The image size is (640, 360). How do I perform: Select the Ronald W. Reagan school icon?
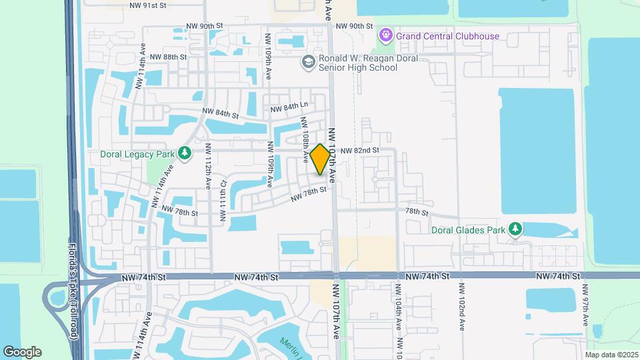pyautogui.click(x=308, y=62)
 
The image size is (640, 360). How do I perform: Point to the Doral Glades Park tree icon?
pyautogui.click(x=515, y=230)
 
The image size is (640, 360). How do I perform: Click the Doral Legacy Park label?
pyautogui.click(x=137, y=153)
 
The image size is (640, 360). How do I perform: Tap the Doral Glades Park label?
pyautogui.click(x=469, y=230)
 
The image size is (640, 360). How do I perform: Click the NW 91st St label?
pyautogui.click(x=148, y=5)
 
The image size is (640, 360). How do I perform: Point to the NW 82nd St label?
pyautogui.click(x=359, y=151)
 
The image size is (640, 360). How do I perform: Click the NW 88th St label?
pyautogui.click(x=168, y=57)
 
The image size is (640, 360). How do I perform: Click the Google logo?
pyautogui.click(x=22, y=352)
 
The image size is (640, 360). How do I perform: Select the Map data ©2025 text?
pyautogui.click(x=611, y=355)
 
